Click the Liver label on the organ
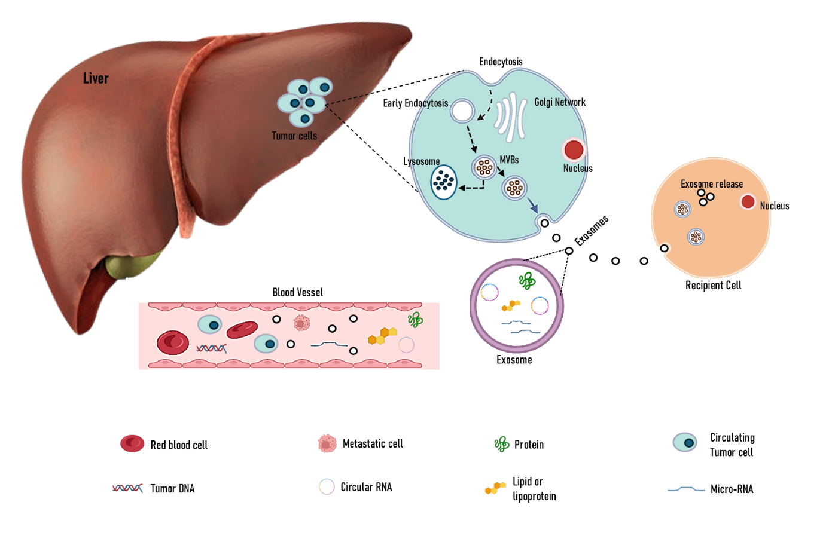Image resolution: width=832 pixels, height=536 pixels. (x=96, y=78)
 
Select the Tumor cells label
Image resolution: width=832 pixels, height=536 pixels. (x=294, y=136)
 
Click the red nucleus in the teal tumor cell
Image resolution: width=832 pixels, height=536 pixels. (x=574, y=149)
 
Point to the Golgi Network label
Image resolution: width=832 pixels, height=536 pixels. (x=560, y=102)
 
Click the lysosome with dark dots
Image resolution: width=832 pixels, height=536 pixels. (x=444, y=182)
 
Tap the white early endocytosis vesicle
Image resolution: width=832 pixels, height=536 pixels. (x=462, y=111)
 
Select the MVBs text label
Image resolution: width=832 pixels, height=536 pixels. (x=509, y=160)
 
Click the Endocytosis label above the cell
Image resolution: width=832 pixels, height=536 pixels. (x=501, y=62)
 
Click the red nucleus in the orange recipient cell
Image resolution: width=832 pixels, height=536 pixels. (x=748, y=202)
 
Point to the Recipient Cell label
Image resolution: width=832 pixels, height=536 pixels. (x=713, y=286)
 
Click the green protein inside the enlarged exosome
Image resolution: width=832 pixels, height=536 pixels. (x=527, y=281)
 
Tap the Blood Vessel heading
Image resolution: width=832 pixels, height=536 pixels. (x=297, y=292)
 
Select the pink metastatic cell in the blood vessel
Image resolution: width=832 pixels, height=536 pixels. (x=302, y=323)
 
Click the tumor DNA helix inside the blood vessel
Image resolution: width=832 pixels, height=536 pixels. (x=211, y=348)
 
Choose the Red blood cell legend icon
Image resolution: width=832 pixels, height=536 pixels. (x=132, y=443)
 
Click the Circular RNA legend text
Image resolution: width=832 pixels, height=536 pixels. (x=366, y=487)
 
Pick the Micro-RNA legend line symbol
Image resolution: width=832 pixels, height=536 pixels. (x=686, y=489)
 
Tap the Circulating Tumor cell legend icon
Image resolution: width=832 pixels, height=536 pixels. (x=685, y=442)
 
